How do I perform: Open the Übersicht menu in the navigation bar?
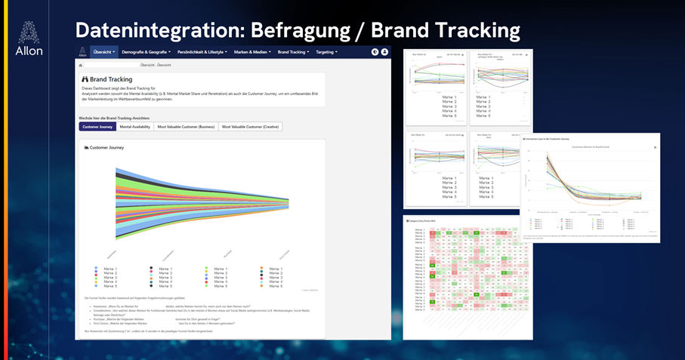[104, 52]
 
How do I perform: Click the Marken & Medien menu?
[253, 52]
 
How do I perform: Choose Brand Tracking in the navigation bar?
[293, 52]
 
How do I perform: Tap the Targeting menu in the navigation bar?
[326, 52]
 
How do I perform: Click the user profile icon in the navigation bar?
[384, 52]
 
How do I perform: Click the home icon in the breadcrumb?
[81, 66]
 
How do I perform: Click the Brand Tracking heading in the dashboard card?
[111, 79]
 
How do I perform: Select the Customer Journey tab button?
[97, 127]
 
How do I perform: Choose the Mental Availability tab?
[135, 127]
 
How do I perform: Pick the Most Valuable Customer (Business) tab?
[186, 127]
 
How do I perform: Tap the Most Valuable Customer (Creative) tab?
[251, 127]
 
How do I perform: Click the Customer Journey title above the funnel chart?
[106, 148]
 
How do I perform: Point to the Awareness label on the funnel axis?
[112, 255]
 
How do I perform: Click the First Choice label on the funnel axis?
[282, 255]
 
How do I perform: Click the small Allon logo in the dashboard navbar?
[82, 52]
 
